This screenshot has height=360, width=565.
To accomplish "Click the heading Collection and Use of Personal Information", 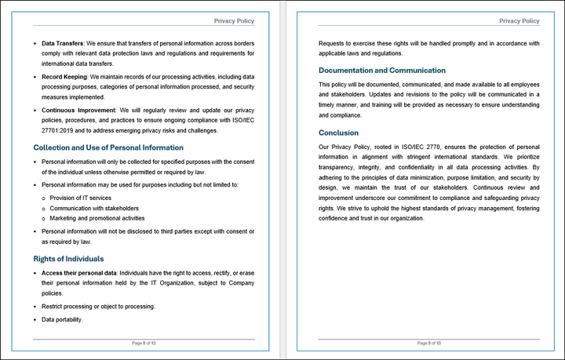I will pos(108,147).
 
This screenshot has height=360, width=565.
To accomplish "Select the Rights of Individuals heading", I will pos(79,259).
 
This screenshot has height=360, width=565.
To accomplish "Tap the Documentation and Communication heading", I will pos(382,71).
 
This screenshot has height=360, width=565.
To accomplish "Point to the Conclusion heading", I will pos(338,133).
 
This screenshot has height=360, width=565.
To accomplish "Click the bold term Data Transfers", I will pos(62,42).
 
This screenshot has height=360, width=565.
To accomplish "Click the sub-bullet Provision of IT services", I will pos(81,198).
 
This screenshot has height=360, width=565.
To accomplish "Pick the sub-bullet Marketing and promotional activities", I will pos(97,218).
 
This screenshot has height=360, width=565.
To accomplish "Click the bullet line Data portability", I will pos(62,319).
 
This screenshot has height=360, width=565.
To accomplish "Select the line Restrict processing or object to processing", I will pos(98,306).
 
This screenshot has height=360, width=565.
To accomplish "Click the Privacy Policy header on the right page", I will pos(519,21).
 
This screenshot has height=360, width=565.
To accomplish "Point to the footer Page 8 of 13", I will pos(144,344).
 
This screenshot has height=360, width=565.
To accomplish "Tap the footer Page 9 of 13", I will pos(429,344).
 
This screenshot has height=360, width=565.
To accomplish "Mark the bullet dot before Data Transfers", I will pos(35,42).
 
